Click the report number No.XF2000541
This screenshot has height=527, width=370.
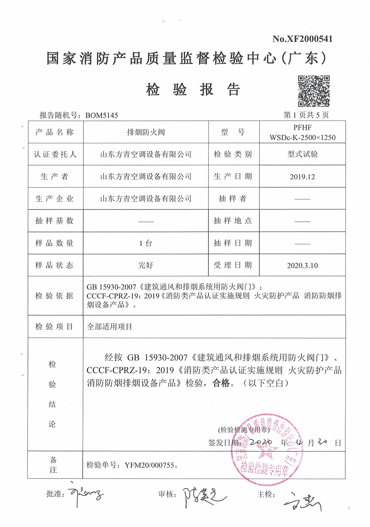click(302, 39)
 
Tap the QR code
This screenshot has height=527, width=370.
click(314, 91)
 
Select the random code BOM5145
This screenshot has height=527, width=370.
click(102, 115)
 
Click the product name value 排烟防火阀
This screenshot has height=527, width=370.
click(146, 132)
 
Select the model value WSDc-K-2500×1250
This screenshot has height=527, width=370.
click(303, 138)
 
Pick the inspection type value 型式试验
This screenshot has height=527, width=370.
click(303, 154)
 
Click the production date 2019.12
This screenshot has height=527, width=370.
click(303, 177)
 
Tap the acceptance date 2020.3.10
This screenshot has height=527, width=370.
click(303, 265)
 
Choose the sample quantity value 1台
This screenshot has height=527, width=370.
click(146, 243)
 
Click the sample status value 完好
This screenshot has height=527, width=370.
click(146, 265)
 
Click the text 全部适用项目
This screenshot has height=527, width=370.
click(110, 327)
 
